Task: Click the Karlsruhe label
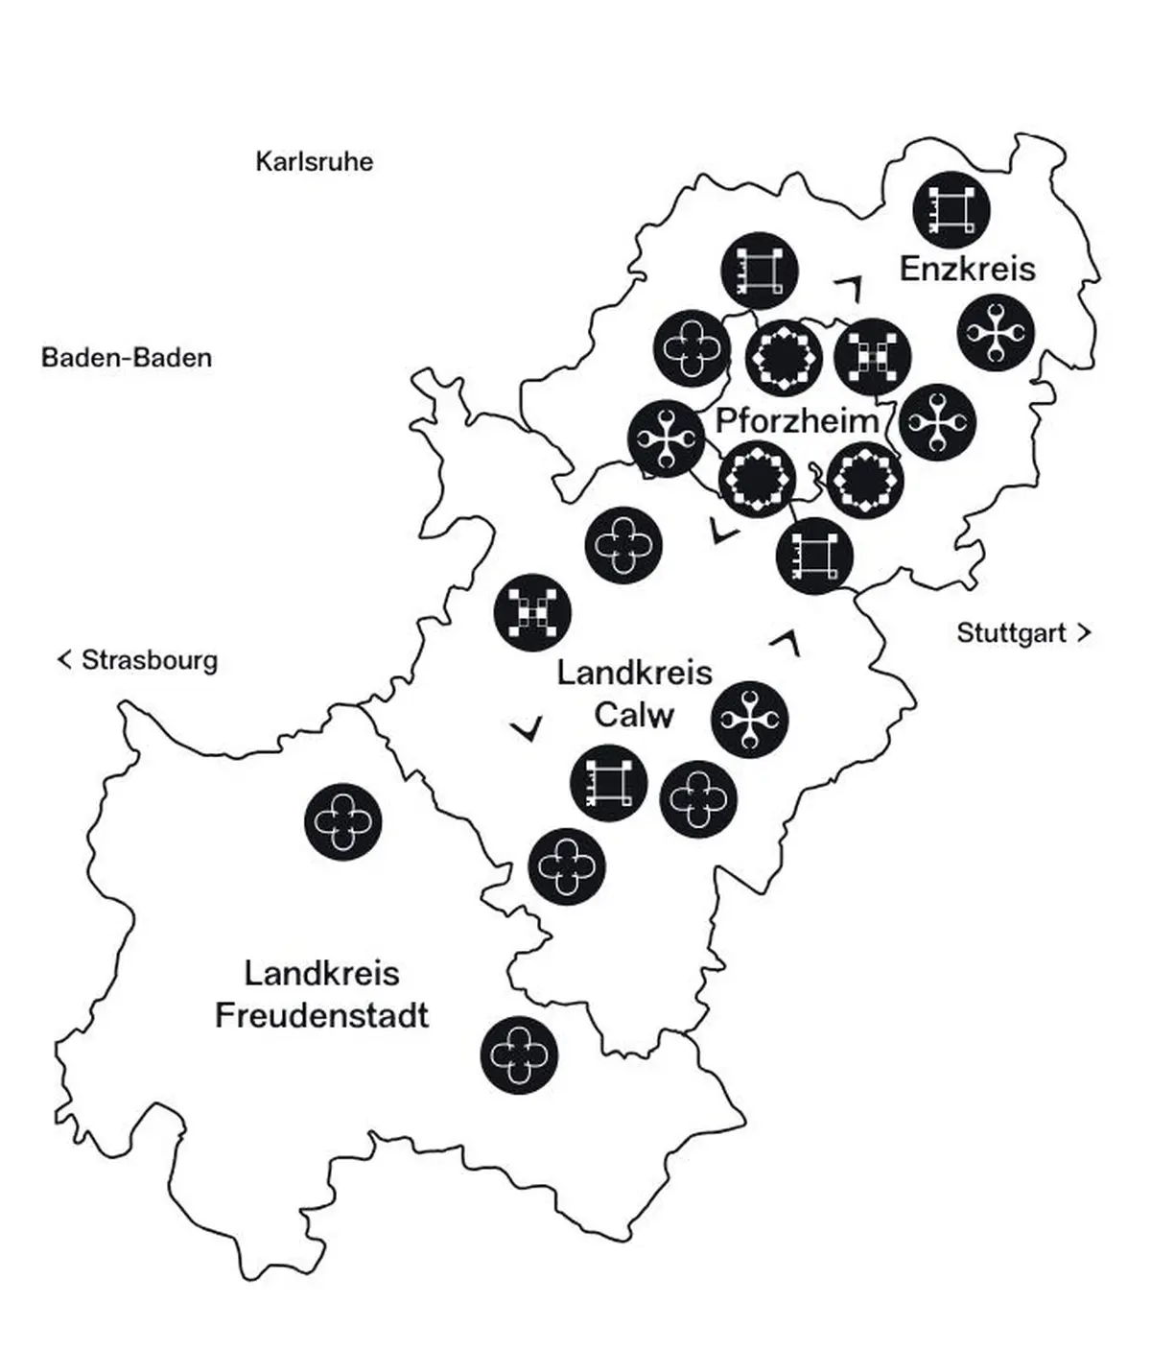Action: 314,161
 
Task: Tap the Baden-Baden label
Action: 127,358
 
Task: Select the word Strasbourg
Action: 150,660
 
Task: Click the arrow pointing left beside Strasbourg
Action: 65,659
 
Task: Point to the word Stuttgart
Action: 1011,633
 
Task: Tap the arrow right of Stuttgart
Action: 1084,632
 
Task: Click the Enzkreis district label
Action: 967,269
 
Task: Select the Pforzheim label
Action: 797,420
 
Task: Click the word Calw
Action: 634,715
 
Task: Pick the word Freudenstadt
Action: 321,1015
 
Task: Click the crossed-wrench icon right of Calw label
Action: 750,720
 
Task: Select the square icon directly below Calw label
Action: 608,783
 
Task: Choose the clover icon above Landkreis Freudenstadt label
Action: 342,822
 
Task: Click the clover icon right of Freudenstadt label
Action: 519,1054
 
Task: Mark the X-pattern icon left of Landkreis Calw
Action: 532,612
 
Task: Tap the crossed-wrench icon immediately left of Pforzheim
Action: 666,438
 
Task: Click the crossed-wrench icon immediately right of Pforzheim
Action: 938,422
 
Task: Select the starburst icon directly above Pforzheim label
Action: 785,357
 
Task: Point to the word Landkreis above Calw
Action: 634,673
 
